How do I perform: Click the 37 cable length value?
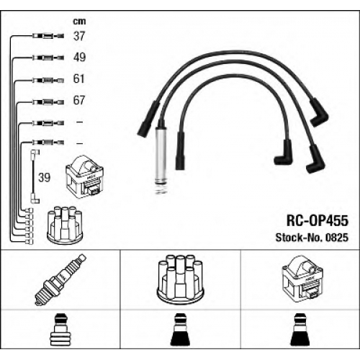tap(79, 36)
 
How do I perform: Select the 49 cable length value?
tap(79, 58)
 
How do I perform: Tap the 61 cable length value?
tap(79, 78)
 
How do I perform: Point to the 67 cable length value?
tap(79, 100)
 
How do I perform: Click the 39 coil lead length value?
tap(45, 178)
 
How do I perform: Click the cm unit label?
tap(79, 22)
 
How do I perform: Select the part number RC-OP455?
tap(318, 220)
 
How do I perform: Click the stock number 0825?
tap(336, 238)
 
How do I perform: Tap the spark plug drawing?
tap(60, 280)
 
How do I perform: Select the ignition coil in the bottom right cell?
tap(303, 279)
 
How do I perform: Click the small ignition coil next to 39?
tap(84, 177)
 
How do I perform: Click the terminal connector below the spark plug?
tap(60, 330)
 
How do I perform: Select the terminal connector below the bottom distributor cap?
tap(180, 330)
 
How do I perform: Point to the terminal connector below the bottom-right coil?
tap(300, 330)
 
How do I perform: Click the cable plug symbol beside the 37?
tap(48, 36)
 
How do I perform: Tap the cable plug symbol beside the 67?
tap(48, 102)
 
